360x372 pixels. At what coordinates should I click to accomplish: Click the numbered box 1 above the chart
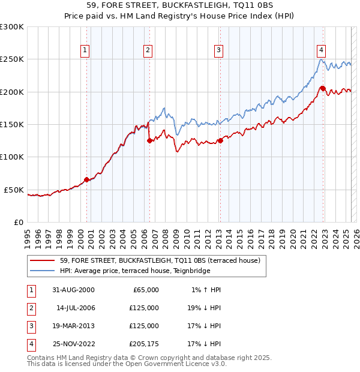coord(86,50)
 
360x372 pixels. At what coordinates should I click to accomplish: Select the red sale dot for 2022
coord(323,89)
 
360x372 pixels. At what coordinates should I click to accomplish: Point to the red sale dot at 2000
coord(86,179)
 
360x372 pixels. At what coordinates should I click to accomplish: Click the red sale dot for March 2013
coord(220,141)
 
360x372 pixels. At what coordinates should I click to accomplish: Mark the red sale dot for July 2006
coord(149,141)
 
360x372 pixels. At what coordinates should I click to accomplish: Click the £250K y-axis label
coord(12,59)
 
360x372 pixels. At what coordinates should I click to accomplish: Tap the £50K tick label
coord(14,190)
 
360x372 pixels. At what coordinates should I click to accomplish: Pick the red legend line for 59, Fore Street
coord(42,261)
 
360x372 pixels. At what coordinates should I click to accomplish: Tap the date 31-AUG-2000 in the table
coord(73,290)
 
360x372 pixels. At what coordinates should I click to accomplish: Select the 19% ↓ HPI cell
coord(204,308)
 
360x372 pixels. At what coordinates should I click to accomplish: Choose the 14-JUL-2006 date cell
coord(76,308)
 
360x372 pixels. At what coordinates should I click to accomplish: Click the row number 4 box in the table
coord(30,344)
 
